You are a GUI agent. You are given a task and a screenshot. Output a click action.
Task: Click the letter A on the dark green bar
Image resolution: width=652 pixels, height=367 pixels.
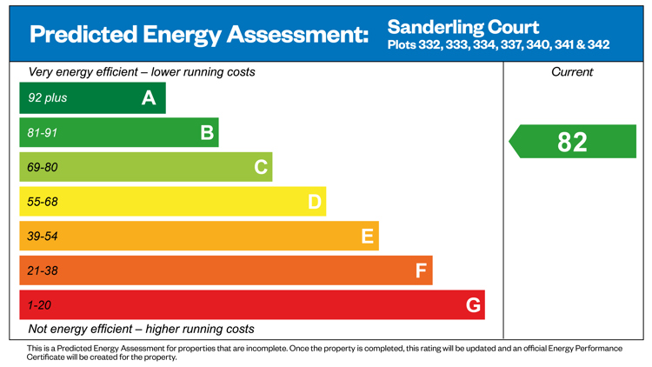(x=149, y=98)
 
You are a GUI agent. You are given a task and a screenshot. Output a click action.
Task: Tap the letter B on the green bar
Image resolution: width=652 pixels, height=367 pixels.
(x=207, y=133)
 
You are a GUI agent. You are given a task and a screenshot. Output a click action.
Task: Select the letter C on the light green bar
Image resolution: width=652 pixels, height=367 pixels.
(x=261, y=167)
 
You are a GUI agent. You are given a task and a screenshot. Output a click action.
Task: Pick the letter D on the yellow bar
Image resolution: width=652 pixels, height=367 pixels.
(x=315, y=202)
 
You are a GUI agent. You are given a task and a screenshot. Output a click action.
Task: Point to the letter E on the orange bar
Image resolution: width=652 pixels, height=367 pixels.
(x=367, y=237)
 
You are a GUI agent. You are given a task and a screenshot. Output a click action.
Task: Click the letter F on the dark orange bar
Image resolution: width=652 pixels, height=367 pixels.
(x=421, y=270)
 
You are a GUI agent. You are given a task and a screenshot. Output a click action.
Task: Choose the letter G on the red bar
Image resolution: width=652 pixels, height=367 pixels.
(x=473, y=305)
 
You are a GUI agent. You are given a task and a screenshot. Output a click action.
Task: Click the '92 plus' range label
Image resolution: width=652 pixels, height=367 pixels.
(x=48, y=97)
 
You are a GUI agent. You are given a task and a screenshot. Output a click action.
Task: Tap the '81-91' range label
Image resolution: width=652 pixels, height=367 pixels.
(x=42, y=133)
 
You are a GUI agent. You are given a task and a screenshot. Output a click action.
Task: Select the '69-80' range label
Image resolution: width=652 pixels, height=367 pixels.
(x=42, y=167)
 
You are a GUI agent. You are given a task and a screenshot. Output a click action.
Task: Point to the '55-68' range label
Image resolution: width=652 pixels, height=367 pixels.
(x=42, y=202)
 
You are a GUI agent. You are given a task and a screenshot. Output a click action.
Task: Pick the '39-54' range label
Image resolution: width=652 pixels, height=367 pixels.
(x=42, y=237)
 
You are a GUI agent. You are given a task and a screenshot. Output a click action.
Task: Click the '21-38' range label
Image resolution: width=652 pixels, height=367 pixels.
(x=42, y=270)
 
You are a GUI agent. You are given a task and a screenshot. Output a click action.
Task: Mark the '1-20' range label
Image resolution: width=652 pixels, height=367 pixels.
(x=39, y=305)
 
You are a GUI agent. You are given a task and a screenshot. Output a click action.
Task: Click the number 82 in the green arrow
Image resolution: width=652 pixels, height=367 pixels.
(x=572, y=142)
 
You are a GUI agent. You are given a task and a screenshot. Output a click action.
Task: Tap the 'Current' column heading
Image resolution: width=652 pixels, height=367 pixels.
(x=572, y=72)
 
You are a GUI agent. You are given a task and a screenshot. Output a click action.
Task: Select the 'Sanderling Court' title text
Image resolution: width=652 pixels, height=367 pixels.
(x=463, y=28)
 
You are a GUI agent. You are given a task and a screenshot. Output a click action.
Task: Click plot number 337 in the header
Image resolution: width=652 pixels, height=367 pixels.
(x=511, y=44)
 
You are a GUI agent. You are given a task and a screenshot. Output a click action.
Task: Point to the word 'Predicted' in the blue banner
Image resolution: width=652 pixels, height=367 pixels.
(x=83, y=34)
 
